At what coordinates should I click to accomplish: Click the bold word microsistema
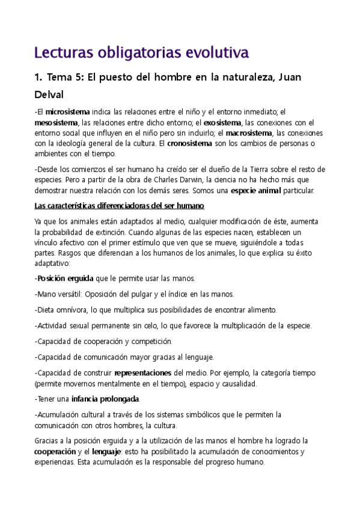pos(67,112)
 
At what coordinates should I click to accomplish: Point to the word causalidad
pos(236,383)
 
